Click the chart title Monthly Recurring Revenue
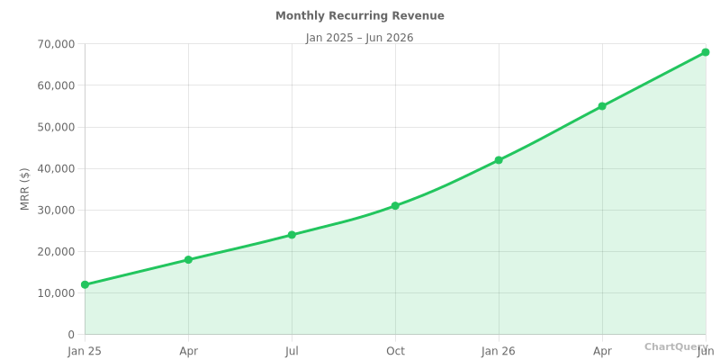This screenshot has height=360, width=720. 359,16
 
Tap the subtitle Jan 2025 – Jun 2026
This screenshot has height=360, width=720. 359,38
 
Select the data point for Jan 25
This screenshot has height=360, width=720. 85,284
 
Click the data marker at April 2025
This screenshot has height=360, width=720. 188,260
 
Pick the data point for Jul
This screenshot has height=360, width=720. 292,235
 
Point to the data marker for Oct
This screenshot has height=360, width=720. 395,206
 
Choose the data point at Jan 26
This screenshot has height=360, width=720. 499,160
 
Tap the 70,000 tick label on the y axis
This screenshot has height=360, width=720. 56,44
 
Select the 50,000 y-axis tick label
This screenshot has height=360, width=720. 56,127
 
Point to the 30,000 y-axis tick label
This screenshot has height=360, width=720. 56,210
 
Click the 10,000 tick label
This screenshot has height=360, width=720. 56,293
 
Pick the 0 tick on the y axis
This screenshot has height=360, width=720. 71,335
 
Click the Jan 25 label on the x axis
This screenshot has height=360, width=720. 85,351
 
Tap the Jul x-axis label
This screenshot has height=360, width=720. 292,351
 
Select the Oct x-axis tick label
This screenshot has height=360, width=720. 395,351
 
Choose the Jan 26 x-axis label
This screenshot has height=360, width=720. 499,351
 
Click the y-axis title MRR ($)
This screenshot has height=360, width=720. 25,189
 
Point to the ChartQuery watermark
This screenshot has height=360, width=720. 675,346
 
